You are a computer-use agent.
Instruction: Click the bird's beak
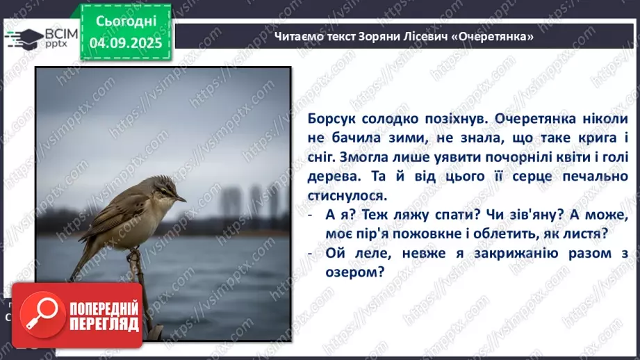click(180, 198)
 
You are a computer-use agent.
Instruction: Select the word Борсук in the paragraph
click(329, 119)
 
